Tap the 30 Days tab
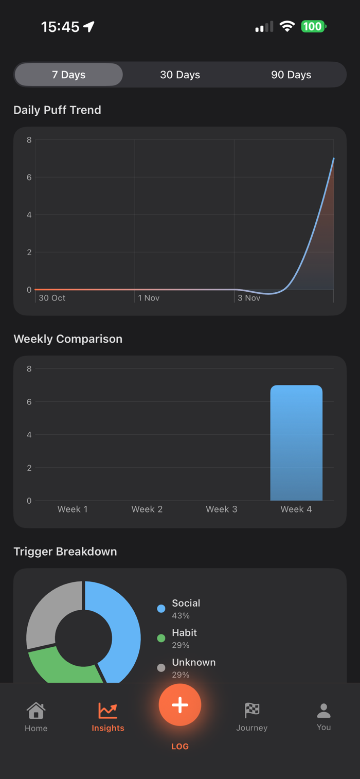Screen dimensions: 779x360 pos(180,75)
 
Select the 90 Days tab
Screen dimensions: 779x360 pos(291,75)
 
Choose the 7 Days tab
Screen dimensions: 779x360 pos(69,75)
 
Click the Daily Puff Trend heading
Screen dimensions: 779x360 pos(57,110)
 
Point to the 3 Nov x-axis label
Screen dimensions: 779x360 pos(249,298)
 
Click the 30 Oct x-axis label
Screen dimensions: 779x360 pos(52,298)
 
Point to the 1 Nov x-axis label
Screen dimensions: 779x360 pos(149,298)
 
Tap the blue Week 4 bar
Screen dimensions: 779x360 pos(296,442)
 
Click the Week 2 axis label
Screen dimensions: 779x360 pos(147,509)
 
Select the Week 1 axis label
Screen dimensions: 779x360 pos(73,509)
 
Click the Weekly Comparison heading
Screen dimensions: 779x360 pos(68,339)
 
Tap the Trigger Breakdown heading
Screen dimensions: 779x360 pos(65,552)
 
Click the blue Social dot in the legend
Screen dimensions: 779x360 pos(161,609)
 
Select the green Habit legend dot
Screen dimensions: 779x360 pos(161,639)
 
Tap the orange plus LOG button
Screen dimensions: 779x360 pos(180,705)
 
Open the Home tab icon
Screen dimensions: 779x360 pos(36,711)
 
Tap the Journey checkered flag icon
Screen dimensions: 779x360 pos(252,710)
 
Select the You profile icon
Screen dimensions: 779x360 pos(323,711)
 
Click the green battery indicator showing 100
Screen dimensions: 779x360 pos(313,26)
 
